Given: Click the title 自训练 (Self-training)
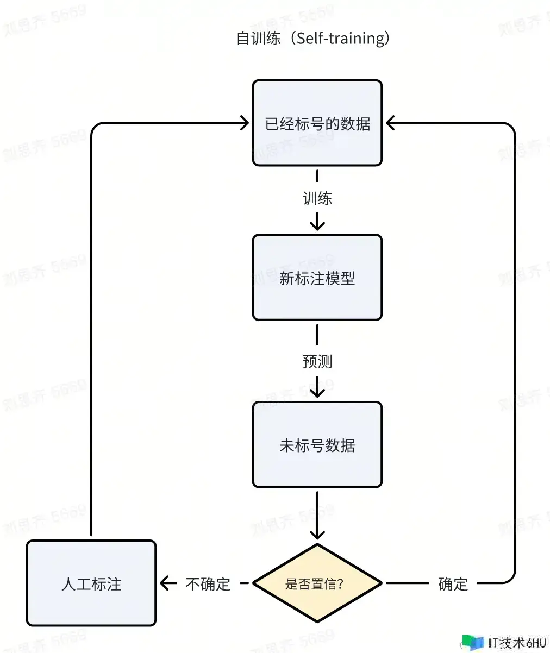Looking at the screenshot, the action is (314, 39).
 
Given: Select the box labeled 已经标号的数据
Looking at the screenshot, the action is (317, 123).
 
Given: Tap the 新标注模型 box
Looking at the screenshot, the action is (317, 278).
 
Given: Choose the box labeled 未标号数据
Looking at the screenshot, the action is (317, 444).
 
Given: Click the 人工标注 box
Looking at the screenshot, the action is (91, 583).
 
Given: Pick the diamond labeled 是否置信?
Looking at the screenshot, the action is (317, 583).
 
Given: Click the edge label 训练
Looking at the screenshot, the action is (317, 198).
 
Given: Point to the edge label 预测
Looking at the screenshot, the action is (317, 361).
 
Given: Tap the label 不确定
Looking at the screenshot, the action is (208, 584).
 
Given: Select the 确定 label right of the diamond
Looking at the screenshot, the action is (453, 584).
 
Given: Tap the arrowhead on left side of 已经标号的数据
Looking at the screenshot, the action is (244, 123).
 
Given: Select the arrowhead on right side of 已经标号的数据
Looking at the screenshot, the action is (391, 123).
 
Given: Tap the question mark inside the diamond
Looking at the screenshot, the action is (341, 584).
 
